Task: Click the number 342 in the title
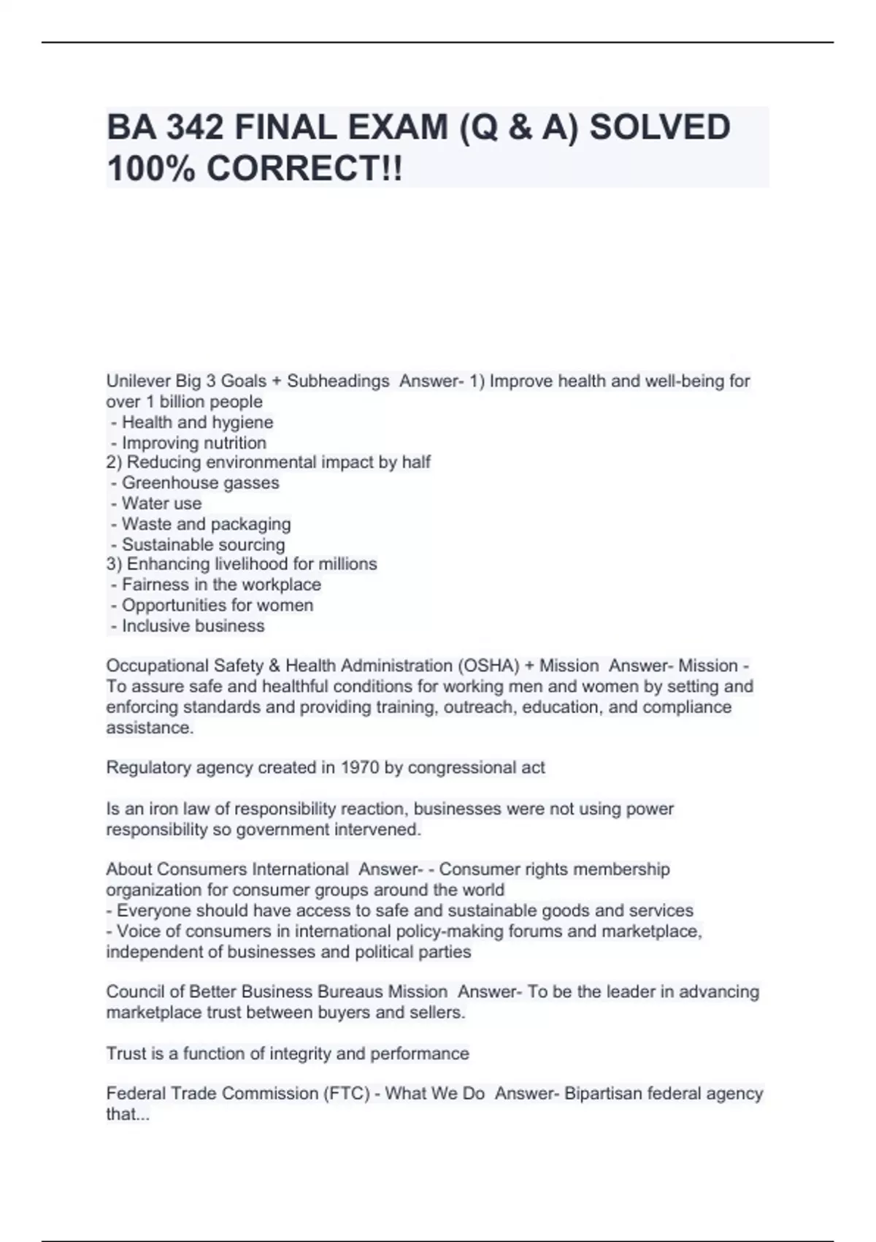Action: click(195, 128)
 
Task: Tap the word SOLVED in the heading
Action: click(659, 128)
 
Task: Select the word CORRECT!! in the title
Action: click(304, 169)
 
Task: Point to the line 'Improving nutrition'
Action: click(193, 443)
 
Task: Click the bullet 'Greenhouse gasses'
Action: click(200, 483)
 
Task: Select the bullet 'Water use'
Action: click(161, 503)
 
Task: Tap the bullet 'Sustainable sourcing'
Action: click(203, 545)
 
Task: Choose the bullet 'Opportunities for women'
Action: click(217, 606)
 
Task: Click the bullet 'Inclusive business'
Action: click(193, 626)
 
